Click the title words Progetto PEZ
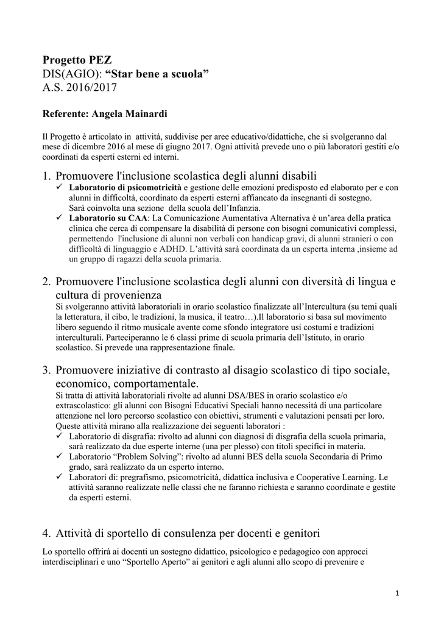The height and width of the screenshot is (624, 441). [77, 60]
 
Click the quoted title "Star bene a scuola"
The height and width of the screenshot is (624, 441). [157, 74]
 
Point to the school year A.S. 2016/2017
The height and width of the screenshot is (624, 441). [79, 88]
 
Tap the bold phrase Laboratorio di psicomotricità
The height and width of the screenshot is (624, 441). [125, 188]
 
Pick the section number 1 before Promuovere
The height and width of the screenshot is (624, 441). [46, 176]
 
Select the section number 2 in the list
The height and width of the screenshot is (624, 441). [46, 282]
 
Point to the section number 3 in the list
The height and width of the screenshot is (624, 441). [46, 370]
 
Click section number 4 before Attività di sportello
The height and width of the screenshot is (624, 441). [46, 534]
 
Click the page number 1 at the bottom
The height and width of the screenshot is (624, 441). [397, 593]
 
